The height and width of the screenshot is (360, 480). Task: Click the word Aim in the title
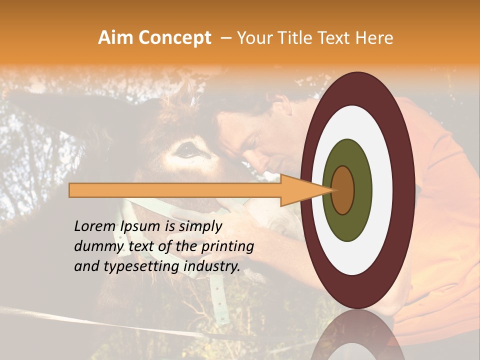pyautogui.click(x=115, y=38)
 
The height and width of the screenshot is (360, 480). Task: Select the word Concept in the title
pyautogui.click(x=174, y=38)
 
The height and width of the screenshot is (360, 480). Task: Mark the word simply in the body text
pyautogui.click(x=199, y=227)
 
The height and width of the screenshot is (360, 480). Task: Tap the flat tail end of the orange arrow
pyautogui.click(x=70, y=190)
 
